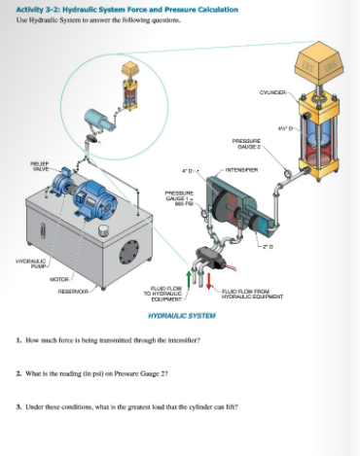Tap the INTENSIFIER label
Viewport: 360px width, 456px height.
pyautogui.click(x=242, y=170)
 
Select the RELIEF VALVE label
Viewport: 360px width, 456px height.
pyautogui.click(x=40, y=166)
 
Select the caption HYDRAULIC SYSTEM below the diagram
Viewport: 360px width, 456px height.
pyautogui.click(x=181, y=316)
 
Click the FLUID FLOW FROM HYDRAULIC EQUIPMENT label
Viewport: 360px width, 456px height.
pyautogui.click(x=255, y=292)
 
